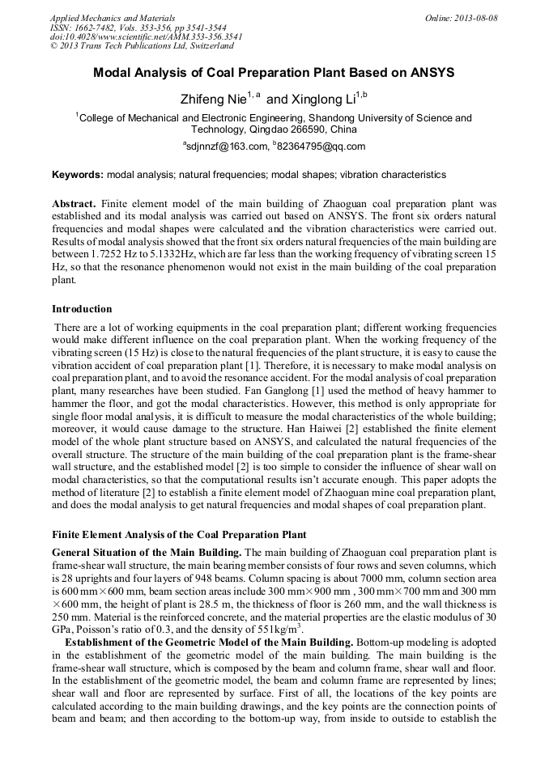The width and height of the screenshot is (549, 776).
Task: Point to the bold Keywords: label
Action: click(x=78, y=175)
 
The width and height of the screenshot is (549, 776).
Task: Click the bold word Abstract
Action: click(x=74, y=205)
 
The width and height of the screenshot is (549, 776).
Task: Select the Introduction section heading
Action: click(x=82, y=309)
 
